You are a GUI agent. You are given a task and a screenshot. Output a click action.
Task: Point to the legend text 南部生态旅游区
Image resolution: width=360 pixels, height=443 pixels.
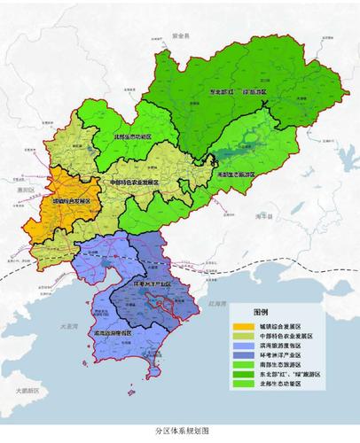tap(282, 367)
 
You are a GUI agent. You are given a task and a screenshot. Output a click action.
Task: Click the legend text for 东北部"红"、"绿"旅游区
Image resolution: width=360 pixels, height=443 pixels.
tap(289, 377)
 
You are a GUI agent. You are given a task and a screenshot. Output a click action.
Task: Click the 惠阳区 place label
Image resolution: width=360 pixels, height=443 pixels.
tap(25, 190)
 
